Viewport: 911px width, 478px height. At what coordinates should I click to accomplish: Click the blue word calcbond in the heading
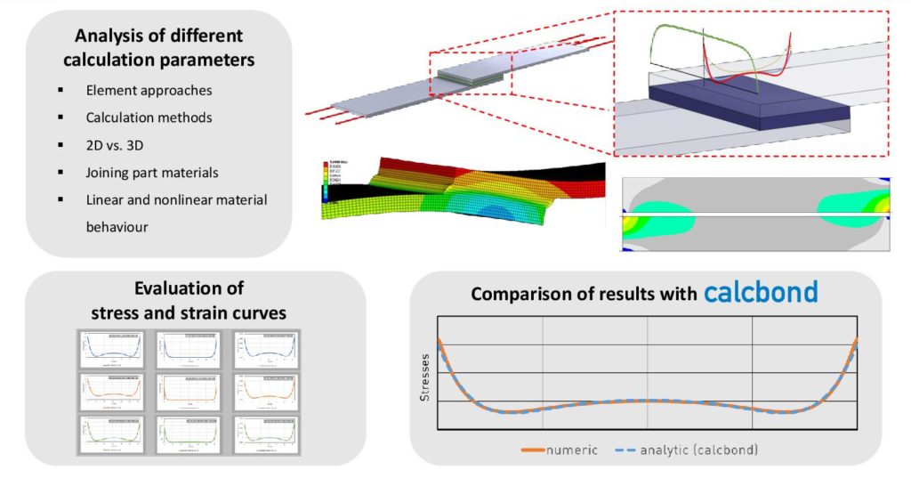[x=761, y=293]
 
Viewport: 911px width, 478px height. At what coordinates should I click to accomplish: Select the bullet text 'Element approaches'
[x=149, y=91]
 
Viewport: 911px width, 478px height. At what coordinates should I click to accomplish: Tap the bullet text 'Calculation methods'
[x=149, y=117]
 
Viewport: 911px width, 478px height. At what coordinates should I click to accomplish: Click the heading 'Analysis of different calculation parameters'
[x=159, y=48]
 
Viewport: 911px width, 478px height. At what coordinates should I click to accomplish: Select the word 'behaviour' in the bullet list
[x=117, y=226]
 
